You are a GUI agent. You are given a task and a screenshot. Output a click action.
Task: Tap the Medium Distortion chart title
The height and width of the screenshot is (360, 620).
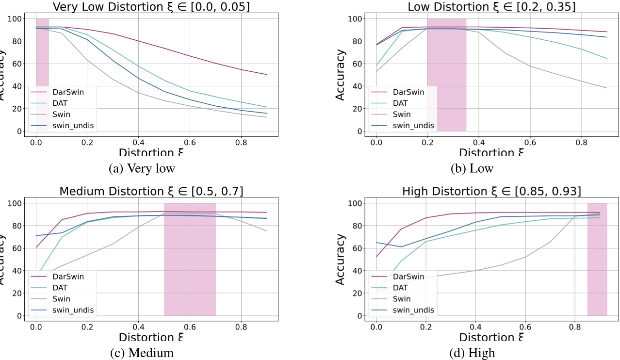[151, 191]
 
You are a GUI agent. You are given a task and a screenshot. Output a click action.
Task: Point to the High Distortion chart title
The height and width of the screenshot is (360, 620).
[491, 191]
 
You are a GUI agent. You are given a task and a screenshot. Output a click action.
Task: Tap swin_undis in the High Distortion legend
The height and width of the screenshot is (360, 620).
[413, 310]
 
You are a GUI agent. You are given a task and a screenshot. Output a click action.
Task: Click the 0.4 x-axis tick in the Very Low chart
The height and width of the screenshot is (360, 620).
[138, 143]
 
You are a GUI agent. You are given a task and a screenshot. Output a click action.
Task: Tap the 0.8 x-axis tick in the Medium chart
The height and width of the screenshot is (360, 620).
[241, 327]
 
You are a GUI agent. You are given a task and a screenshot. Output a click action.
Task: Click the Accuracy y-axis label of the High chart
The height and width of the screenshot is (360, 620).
[341, 259]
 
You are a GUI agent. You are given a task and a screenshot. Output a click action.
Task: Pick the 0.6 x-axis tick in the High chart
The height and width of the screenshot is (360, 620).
[524, 327]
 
